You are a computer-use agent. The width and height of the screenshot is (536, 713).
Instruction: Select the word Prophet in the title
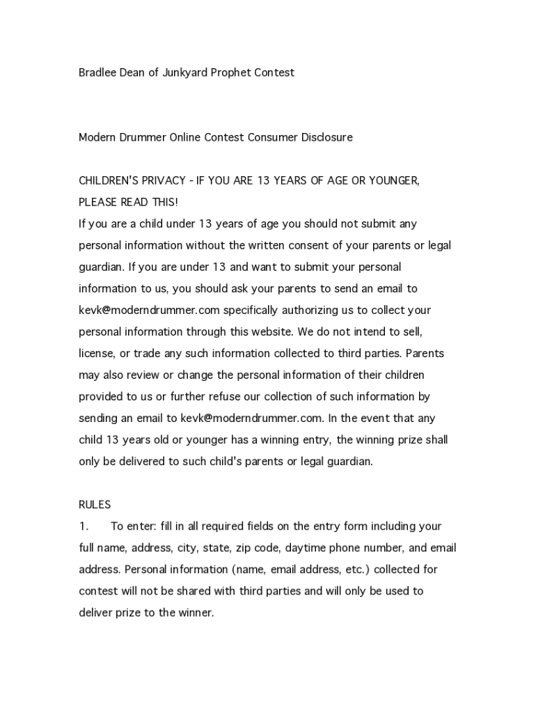click(234, 72)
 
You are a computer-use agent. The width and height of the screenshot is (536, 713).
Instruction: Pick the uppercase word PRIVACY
click(164, 180)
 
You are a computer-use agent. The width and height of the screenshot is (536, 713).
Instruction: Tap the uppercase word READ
click(134, 202)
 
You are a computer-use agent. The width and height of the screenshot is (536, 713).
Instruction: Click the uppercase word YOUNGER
click(395, 180)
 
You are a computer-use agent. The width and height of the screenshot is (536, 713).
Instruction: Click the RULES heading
click(95, 504)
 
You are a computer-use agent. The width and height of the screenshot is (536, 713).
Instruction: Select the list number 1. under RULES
click(83, 526)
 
